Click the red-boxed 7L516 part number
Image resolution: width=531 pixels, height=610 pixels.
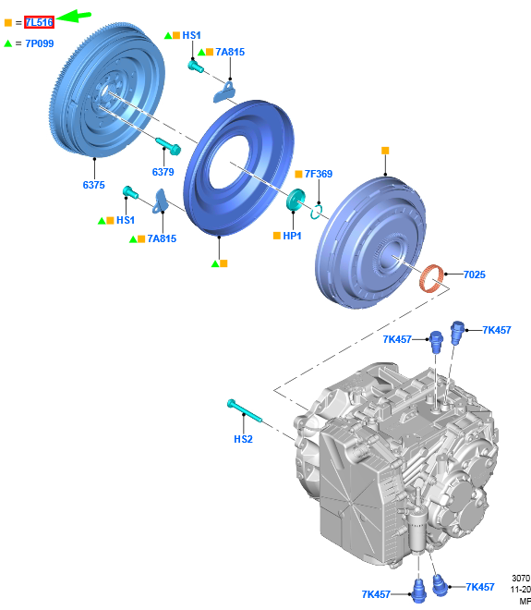(x=39, y=22)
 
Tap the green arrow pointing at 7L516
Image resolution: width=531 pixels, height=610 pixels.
(x=73, y=17)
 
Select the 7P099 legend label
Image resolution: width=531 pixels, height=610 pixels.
(x=40, y=43)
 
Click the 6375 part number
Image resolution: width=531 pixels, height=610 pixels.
(x=93, y=185)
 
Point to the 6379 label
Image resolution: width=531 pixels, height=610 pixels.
(x=163, y=172)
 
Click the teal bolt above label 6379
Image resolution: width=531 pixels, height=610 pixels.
(x=168, y=145)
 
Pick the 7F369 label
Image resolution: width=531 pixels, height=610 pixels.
(x=319, y=174)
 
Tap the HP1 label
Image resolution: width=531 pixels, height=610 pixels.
(x=292, y=236)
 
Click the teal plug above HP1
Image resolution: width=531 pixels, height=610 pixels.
(x=296, y=199)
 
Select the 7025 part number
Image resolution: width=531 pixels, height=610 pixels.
(x=475, y=274)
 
